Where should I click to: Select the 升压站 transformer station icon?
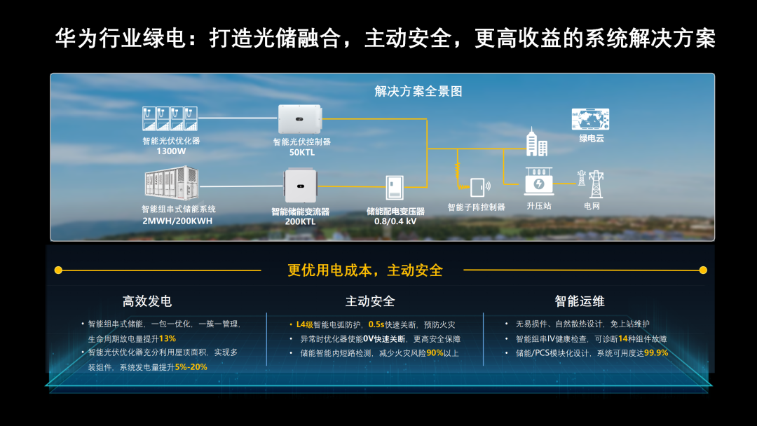(538, 182)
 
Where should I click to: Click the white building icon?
(536, 142)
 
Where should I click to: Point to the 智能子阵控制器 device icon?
(477, 187)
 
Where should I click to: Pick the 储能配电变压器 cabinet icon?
(395, 188)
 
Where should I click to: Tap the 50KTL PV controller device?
(299, 119)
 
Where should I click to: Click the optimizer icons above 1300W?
(169, 118)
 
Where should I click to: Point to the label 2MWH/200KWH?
(177, 221)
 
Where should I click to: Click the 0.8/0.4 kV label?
(395, 221)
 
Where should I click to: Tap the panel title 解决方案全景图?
(418, 92)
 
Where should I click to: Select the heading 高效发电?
(147, 301)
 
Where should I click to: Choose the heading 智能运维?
(580, 301)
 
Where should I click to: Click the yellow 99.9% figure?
(656, 353)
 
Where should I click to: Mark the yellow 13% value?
(168, 338)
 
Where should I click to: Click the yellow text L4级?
(304, 324)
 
